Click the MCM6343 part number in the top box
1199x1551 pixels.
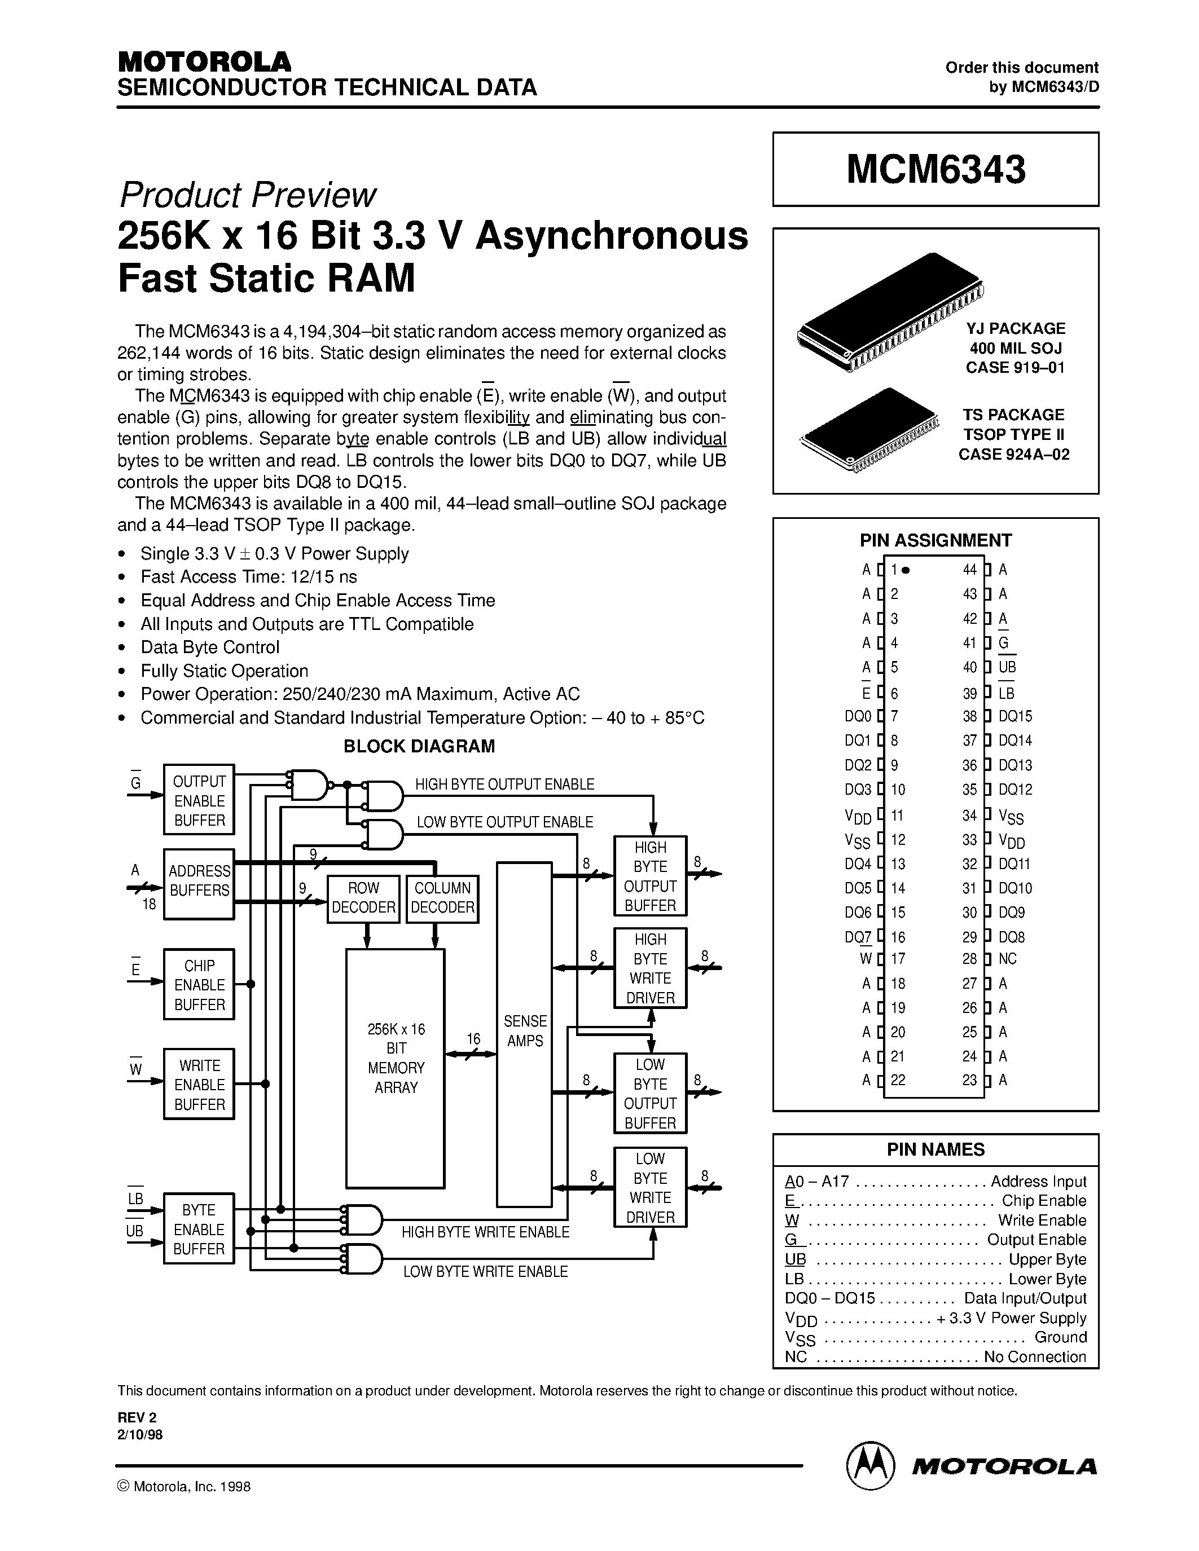[936, 170]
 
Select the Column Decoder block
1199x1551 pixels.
[442, 898]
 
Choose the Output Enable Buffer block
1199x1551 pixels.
[199, 800]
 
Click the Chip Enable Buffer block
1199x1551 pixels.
[199, 985]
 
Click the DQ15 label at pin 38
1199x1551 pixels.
[1015, 716]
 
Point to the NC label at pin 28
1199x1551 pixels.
[1007, 959]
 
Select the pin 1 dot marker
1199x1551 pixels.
[908, 570]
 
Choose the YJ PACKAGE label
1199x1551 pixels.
[1015, 329]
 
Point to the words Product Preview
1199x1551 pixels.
[247, 195]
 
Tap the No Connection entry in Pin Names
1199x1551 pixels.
[1035, 1357]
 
